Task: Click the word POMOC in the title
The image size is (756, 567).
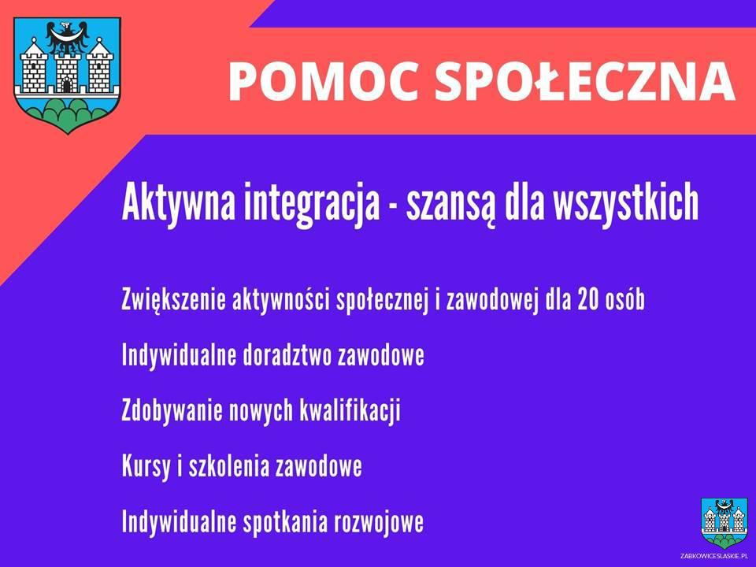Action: point(323,81)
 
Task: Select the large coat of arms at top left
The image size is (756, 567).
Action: point(67,76)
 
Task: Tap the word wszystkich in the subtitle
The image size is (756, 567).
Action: point(625,202)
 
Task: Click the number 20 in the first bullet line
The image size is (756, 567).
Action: point(587,299)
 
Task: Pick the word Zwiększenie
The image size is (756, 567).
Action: point(173,300)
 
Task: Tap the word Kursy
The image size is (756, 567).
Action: point(146,467)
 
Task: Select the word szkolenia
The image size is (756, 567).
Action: point(228,466)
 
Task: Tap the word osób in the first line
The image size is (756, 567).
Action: point(624,299)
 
